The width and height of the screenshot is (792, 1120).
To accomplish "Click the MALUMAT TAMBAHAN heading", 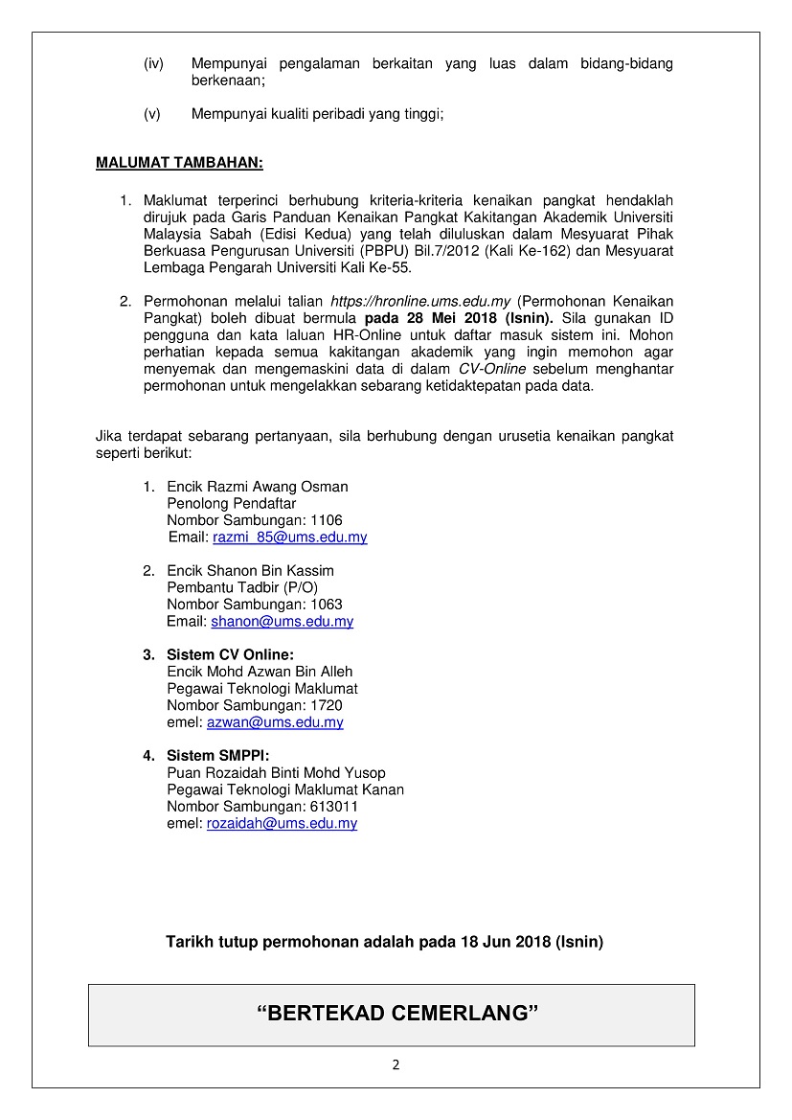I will (179, 163).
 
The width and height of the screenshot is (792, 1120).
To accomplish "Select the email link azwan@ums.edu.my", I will (275, 723).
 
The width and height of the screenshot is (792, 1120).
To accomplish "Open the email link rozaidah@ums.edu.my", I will (282, 824).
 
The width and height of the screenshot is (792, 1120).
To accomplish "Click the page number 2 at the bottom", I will (396, 1065).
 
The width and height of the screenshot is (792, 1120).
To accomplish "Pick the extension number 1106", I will (326, 520).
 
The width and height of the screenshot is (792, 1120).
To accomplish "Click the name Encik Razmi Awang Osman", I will (258, 487).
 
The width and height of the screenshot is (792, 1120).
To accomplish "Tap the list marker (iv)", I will (153, 64).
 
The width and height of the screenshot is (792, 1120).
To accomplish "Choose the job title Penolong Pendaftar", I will (232, 503).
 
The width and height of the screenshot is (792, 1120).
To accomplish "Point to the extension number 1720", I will (326, 706).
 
